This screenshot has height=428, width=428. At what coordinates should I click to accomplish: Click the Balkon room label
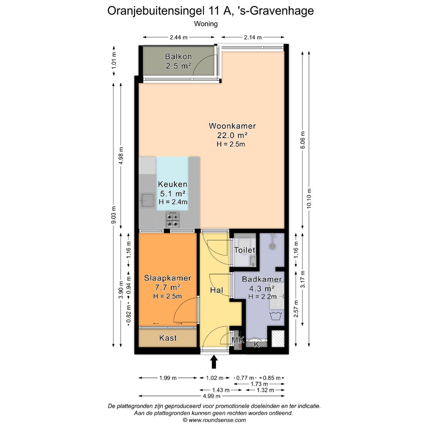(x=178, y=57)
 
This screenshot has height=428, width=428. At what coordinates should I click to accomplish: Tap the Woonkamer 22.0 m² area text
(x=232, y=135)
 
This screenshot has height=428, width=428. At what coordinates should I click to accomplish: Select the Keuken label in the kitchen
(x=172, y=184)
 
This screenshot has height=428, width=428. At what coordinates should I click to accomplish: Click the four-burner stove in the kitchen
(x=172, y=217)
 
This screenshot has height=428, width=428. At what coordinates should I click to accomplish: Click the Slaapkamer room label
(x=168, y=278)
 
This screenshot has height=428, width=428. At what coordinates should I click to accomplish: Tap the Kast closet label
(x=168, y=338)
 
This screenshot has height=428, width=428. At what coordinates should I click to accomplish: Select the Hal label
(x=216, y=290)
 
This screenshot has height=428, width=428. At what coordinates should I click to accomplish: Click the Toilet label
(x=245, y=250)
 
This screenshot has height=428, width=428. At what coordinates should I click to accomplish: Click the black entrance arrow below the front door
(x=214, y=362)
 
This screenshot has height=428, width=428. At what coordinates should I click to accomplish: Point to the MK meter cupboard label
(x=238, y=340)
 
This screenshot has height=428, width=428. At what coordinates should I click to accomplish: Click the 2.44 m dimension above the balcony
(x=179, y=38)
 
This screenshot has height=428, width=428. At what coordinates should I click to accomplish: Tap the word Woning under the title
(x=206, y=24)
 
